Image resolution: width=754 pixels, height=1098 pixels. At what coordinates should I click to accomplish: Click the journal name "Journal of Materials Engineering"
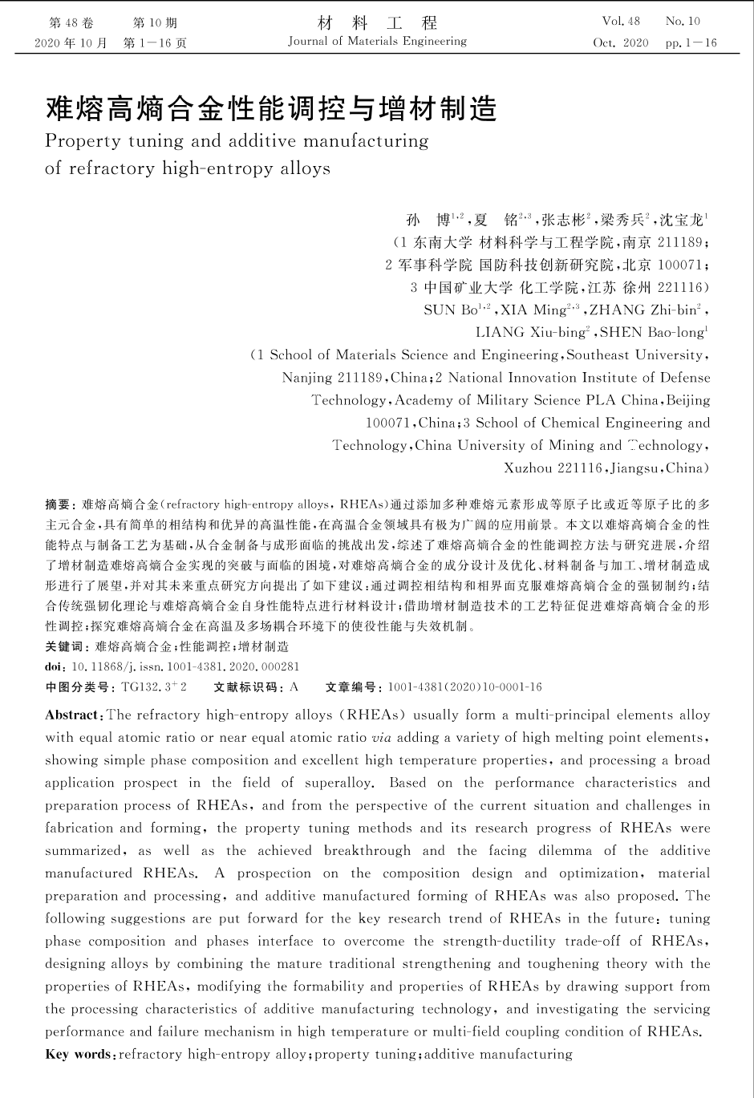click(377, 42)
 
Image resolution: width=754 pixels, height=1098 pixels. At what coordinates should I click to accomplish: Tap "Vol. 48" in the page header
click(621, 22)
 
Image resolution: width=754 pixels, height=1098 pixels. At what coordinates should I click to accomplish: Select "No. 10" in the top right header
click(683, 22)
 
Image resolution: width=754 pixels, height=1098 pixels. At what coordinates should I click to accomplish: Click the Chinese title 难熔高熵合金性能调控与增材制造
click(271, 108)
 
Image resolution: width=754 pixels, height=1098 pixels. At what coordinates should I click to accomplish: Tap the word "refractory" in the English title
click(111, 168)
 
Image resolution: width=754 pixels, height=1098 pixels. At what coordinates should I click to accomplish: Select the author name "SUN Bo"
click(451, 310)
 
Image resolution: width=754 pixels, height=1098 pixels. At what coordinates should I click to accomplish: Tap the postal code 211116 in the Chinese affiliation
click(679, 287)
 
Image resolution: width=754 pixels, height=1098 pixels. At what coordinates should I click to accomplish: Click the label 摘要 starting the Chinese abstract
click(58, 504)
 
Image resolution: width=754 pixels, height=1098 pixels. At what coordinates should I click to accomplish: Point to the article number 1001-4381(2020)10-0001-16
click(464, 687)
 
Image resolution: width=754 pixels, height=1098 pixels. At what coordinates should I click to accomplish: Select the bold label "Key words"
click(79, 1054)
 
